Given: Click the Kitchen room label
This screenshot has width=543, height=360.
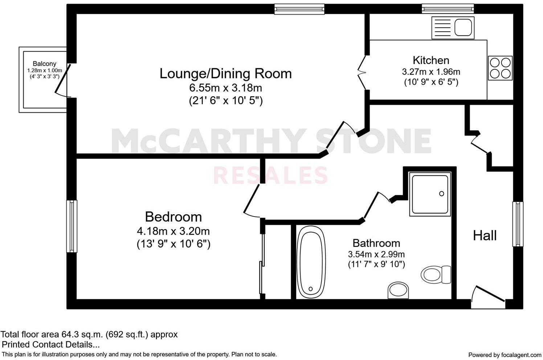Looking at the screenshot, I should pos(431,60).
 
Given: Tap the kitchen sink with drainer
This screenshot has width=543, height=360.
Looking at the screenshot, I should pos(453,28).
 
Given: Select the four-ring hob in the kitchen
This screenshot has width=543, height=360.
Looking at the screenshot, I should pos(500,68).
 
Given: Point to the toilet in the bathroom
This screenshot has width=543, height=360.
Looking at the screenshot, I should pos(437,274).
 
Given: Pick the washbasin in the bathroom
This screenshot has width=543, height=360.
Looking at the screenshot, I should pos(398,290).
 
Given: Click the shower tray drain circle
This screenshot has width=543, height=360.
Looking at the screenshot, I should pos(442,194).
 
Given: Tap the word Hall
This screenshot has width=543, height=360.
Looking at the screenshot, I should pos(485,236).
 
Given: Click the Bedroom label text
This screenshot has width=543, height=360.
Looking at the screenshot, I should pos(173,217).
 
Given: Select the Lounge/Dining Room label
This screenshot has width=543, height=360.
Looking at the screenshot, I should pos(225,74).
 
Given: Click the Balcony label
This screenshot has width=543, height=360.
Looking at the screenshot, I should pos(45,64).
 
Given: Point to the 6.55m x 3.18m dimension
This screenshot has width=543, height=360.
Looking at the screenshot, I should pos(225,88).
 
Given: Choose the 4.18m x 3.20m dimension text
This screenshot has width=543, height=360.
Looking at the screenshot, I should pos(173,231).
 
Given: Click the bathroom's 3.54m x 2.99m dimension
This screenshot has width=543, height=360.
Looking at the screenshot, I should pos(376,254).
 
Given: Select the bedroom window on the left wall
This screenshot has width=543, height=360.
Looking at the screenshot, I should pos(72,226).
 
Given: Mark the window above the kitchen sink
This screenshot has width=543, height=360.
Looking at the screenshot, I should pos(448,9).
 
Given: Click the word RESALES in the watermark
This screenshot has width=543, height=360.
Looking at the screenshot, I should pos(270,175).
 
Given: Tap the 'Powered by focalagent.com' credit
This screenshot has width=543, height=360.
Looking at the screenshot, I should pos(505,355).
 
